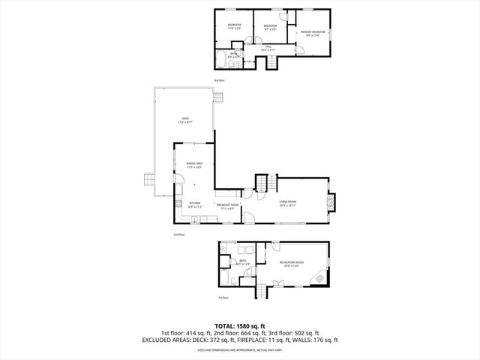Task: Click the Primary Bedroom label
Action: point(313,33)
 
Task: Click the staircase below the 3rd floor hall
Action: point(268,62)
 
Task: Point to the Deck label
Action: point(184,121)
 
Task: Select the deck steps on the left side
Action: point(148,181)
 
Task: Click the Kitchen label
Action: point(194,202)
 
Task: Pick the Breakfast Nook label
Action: point(228,204)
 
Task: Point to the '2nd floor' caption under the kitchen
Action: point(178,235)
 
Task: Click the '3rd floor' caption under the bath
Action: point(219,80)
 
